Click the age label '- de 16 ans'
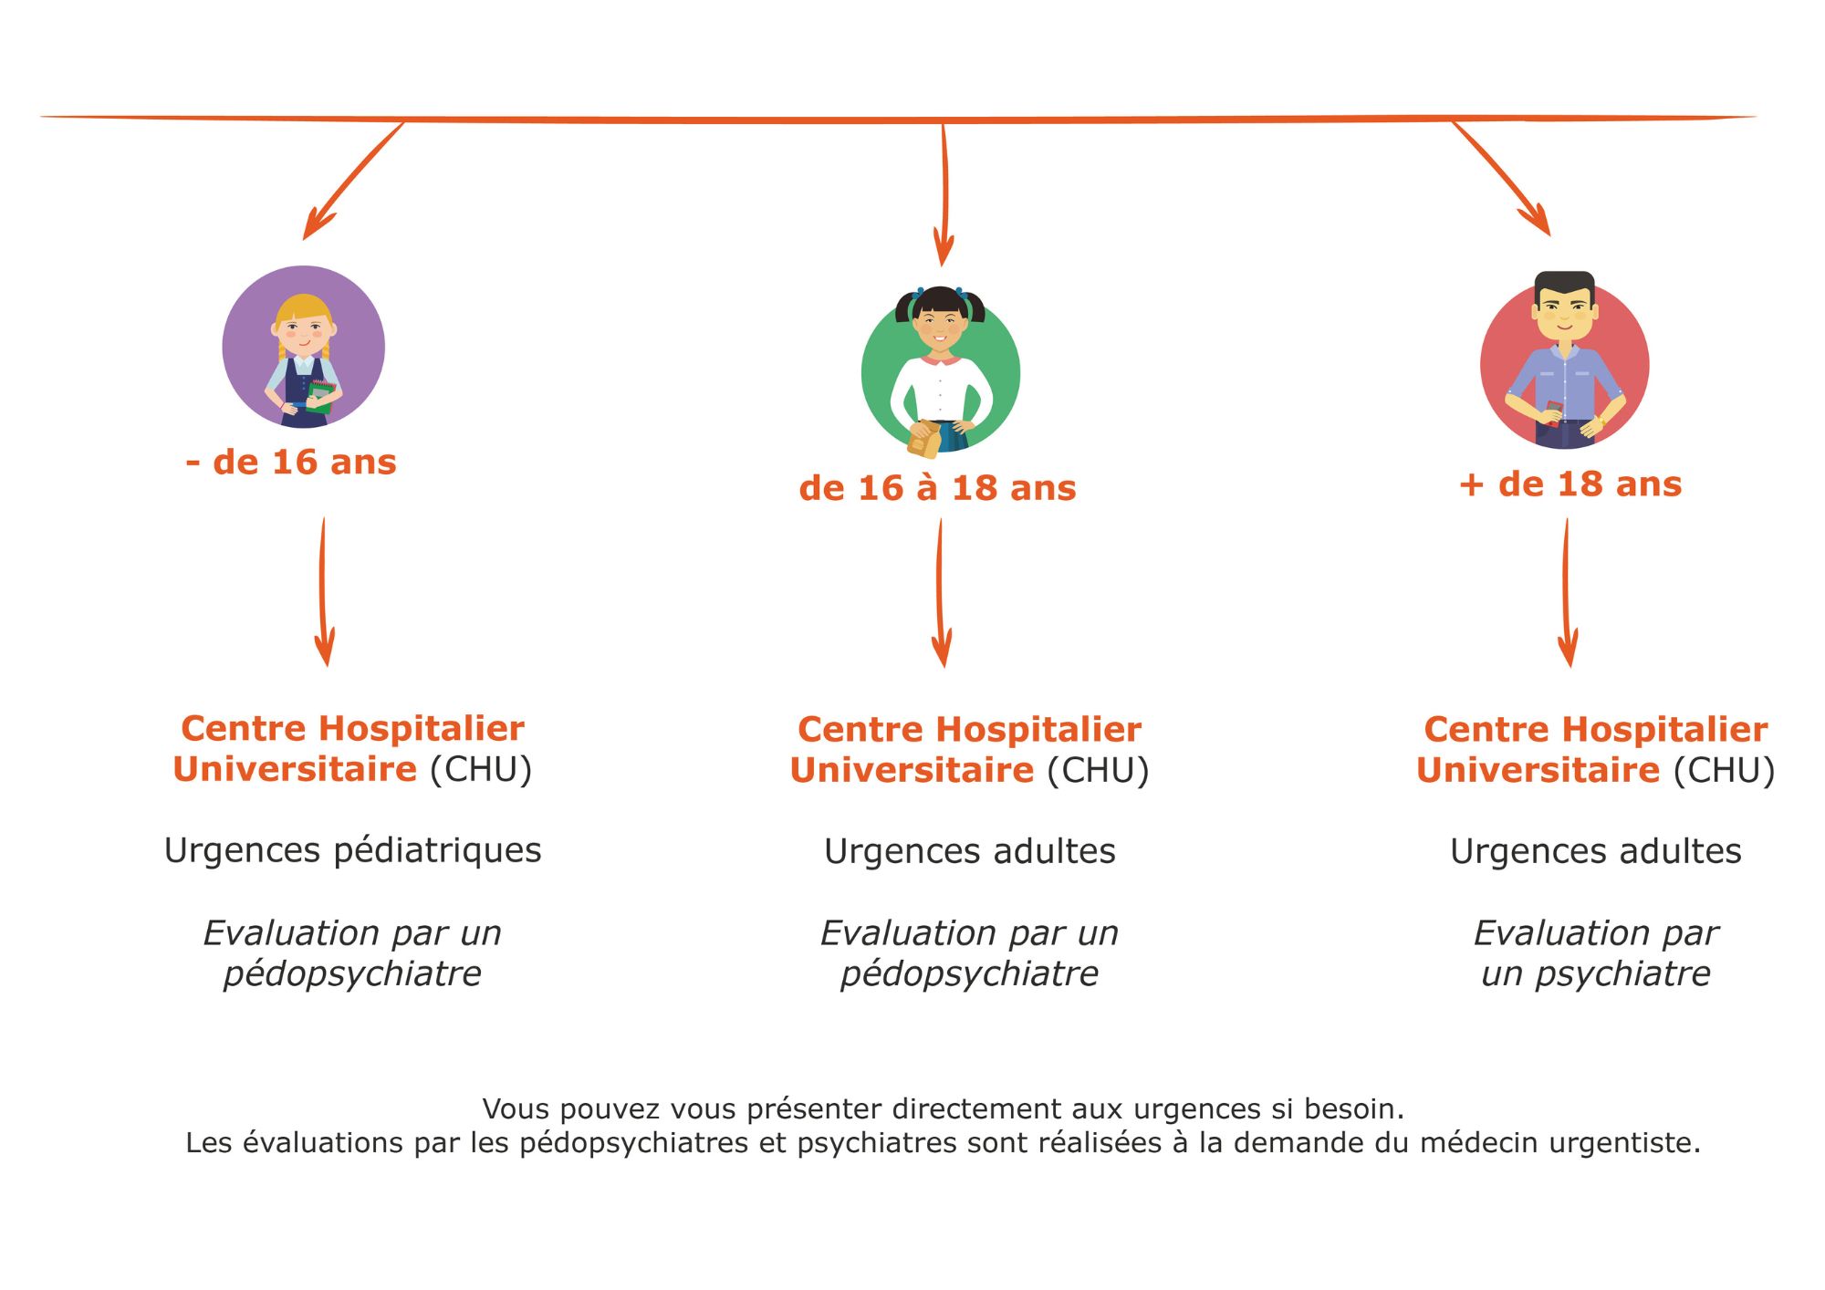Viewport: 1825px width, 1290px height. [x=291, y=463]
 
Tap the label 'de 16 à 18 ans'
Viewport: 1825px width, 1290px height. [x=937, y=488]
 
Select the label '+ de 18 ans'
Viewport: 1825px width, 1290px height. [x=1570, y=484]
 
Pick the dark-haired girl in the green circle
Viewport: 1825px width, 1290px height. [x=940, y=369]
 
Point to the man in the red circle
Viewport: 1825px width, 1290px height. [x=1564, y=360]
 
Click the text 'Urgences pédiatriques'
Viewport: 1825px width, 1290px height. [x=352, y=850]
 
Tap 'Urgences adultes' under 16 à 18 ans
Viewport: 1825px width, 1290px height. [x=969, y=851]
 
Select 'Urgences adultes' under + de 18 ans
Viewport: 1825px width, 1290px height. [x=1595, y=851]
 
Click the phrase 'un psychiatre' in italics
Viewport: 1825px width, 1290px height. [x=1595, y=973]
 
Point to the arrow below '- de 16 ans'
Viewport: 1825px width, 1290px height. [x=323, y=593]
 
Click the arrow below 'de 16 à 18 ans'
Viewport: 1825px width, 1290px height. [x=941, y=593]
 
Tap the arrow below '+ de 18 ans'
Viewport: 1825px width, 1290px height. [x=1567, y=593]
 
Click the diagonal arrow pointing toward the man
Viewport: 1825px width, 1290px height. [x=1501, y=178]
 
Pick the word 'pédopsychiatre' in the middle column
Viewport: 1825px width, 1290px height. [x=969, y=973]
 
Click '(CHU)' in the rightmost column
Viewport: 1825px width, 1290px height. [x=1724, y=770]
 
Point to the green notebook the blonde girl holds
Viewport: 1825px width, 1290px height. [x=320, y=396]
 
